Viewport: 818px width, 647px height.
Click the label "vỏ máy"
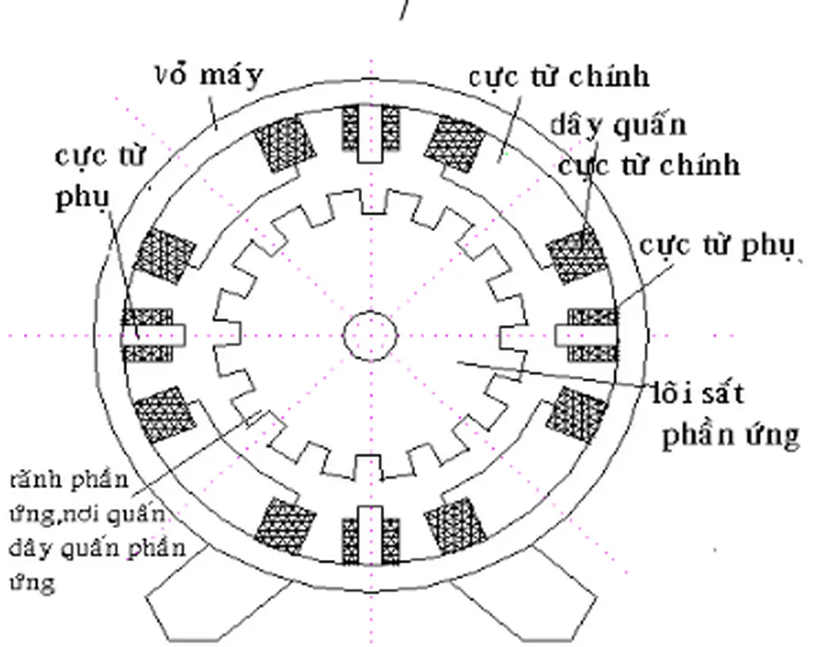point(209,76)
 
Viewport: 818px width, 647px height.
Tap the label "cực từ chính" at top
point(558,77)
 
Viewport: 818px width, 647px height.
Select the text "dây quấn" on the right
point(618,124)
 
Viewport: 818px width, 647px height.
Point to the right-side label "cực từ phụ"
point(717,247)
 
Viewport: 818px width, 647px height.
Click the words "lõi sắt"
point(698,394)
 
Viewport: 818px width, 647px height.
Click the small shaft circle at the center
point(370,335)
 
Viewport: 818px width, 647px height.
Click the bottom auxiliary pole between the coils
point(370,535)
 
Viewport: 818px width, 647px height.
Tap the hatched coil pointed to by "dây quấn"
point(576,255)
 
